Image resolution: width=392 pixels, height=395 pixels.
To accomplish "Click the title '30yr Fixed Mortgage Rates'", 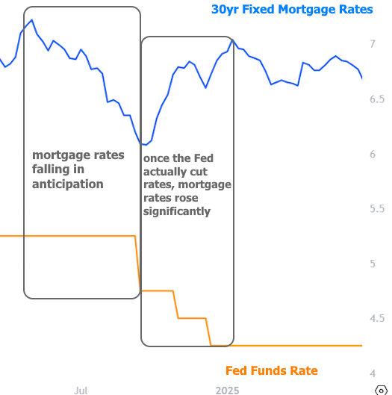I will (291, 10).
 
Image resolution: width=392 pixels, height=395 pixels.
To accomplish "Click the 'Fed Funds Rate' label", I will (271, 371).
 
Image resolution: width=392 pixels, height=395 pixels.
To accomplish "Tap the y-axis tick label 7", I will (372, 45).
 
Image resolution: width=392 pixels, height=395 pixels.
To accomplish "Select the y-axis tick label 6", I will (372, 155).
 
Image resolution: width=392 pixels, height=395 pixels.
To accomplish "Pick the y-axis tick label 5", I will (372, 264).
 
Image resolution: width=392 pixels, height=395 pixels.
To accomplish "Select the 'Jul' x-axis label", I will (81, 391).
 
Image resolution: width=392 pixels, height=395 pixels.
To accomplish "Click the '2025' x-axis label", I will (227, 391).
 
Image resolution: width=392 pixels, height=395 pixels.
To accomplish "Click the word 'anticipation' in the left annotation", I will (67, 184).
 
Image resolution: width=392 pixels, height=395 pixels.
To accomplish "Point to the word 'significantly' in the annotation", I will (176, 211).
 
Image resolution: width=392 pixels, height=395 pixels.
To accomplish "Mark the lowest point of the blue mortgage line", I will (145, 144).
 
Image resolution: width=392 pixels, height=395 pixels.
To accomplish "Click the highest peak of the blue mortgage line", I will (31, 20).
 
